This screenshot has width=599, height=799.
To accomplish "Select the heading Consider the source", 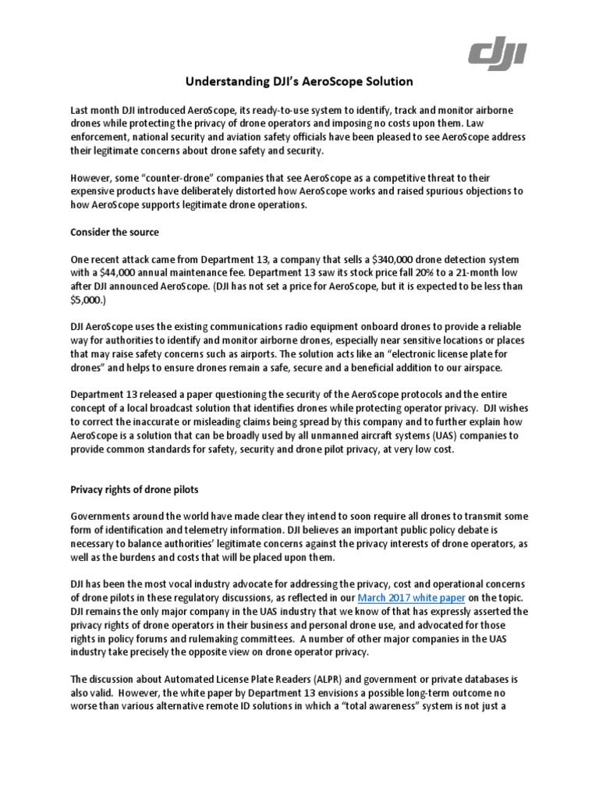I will click(115, 233).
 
